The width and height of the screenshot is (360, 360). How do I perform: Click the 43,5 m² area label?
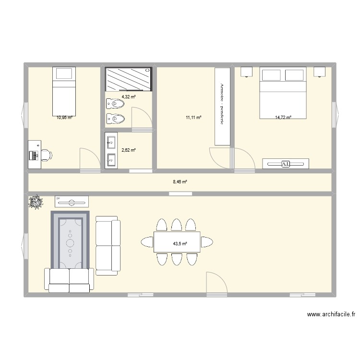click(x=180, y=244)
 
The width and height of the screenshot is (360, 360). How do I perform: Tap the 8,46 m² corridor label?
click(x=180, y=182)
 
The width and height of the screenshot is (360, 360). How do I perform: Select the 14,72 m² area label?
click(x=283, y=117)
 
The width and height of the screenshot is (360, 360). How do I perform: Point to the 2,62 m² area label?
click(x=129, y=150)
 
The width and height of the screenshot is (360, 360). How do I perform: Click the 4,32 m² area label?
click(x=129, y=97)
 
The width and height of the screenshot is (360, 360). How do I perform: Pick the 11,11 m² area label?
click(x=194, y=117)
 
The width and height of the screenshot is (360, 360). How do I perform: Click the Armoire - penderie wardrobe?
click(x=222, y=106)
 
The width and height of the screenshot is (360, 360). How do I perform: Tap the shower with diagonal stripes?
click(x=129, y=79)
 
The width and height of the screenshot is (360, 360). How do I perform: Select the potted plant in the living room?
click(x=35, y=202)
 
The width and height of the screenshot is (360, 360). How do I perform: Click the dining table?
click(x=177, y=242)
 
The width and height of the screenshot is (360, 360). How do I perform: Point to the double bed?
click(x=283, y=93)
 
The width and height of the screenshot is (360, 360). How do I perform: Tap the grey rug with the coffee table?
click(x=71, y=240)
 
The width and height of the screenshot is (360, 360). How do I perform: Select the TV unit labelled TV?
click(x=72, y=202)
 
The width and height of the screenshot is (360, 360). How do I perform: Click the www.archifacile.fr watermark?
click(x=331, y=315)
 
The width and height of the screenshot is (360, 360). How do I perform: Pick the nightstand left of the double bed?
click(x=247, y=72)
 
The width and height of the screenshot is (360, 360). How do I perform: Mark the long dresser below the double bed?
click(x=286, y=164)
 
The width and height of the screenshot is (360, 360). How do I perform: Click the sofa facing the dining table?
click(x=108, y=245)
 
